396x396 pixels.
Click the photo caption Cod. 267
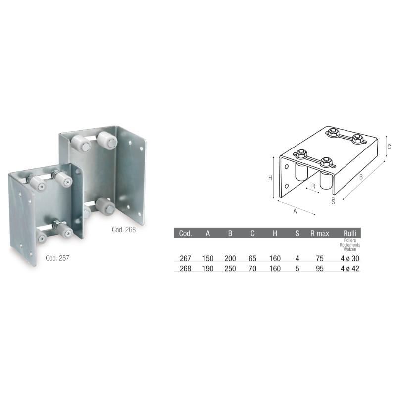click(57, 257)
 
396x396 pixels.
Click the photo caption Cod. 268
click(124, 229)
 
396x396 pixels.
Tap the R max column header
click(319, 233)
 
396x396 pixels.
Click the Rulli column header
click(350, 233)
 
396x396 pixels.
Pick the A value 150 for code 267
click(208, 258)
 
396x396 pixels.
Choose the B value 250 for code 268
click(230, 269)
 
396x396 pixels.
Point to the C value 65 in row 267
click(252, 258)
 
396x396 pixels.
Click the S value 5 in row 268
click(297, 269)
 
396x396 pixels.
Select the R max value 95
click(319, 269)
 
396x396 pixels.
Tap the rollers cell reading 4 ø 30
click(350, 258)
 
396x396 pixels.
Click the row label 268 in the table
click(184, 269)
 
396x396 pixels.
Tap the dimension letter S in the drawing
click(333, 201)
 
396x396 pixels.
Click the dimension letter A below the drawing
click(295, 211)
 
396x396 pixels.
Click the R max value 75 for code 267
click(319, 258)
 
